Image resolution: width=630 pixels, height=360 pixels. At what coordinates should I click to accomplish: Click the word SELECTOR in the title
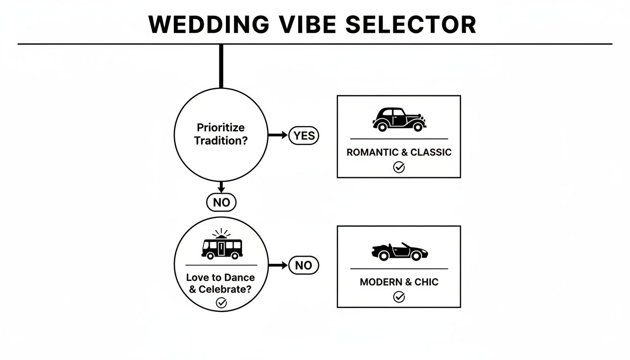click(411, 24)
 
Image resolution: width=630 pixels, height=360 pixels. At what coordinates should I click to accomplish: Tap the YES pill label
click(304, 135)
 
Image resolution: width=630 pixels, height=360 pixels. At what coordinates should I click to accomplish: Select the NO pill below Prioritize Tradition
click(221, 202)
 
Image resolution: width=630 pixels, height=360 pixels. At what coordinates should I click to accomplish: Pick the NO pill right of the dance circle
click(304, 265)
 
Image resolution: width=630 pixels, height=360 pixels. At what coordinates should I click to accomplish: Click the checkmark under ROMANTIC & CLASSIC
click(399, 167)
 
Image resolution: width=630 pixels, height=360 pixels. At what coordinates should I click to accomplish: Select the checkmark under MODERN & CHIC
click(399, 297)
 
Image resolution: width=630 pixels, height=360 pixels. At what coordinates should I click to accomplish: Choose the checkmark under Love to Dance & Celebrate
click(221, 303)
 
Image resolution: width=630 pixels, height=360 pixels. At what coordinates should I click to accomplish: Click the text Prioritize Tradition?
click(221, 134)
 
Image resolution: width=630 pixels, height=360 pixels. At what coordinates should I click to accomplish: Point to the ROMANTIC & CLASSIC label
click(399, 152)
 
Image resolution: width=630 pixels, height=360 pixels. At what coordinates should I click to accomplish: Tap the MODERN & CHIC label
click(399, 282)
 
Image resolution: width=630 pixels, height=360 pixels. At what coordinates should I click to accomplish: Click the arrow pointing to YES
click(277, 135)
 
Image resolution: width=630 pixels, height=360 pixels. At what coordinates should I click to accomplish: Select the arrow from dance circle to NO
click(277, 265)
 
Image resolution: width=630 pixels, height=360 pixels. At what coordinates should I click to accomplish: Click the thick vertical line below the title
click(221, 66)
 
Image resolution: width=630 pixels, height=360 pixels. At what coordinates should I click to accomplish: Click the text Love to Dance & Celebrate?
click(220, 283)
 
